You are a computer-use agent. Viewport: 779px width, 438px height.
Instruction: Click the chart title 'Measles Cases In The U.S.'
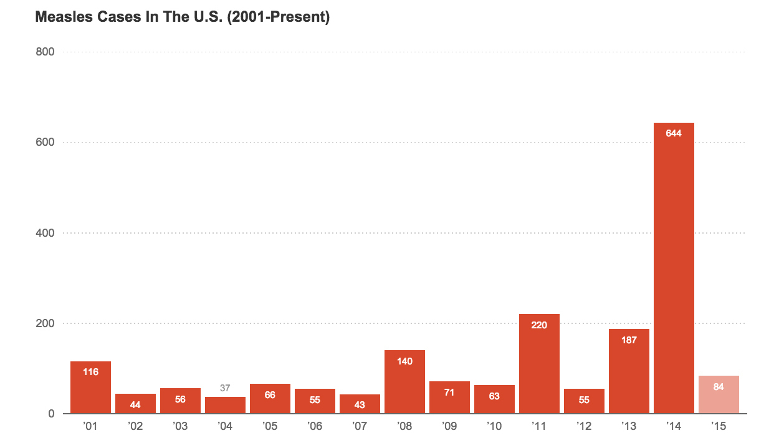click(x=182, y=17)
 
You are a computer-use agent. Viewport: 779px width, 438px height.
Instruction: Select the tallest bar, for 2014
click(x=674, y=268)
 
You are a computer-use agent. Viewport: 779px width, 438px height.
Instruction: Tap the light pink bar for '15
click(x=719, y=395)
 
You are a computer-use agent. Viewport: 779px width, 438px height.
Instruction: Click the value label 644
click(x=674, y=133)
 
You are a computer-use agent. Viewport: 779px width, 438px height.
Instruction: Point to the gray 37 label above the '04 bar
click(x=225, y=388)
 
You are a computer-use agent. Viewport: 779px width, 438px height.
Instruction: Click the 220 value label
click(x=539, y=325)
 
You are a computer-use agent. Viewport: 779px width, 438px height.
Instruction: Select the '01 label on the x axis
click(x=90, y=427)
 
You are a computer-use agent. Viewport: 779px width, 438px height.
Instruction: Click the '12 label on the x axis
click(x=584, y=427)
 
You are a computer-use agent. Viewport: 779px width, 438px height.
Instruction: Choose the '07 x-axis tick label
click(x=360, y=427)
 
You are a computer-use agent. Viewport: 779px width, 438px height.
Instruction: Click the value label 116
click(x=90, y=372)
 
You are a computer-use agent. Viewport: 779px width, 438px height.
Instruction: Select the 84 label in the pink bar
click(x=719, y=387)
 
